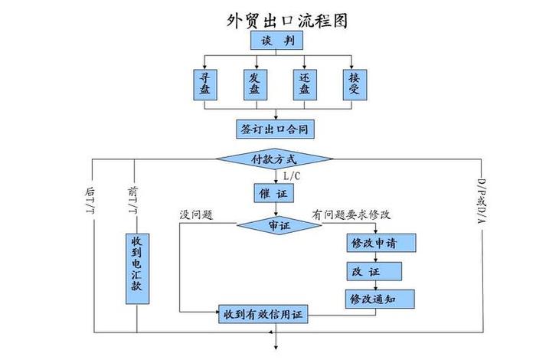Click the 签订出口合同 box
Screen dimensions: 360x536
(275, 128)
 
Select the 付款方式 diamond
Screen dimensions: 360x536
(273, 159)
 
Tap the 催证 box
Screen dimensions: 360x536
(273, 194)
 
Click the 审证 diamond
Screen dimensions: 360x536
(279, 226)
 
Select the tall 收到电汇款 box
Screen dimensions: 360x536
(136, 268)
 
